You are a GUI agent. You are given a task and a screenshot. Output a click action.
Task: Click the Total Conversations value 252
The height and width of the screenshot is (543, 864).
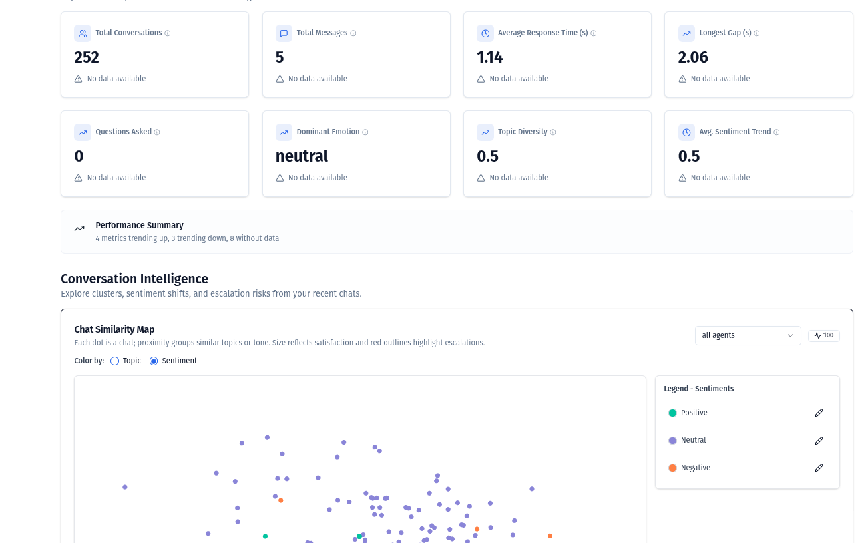point(87,57)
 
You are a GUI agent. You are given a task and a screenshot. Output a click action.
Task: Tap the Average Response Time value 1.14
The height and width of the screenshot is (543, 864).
point(490,57)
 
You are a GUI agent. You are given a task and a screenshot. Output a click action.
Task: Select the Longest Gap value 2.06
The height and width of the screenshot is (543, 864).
point(693,57)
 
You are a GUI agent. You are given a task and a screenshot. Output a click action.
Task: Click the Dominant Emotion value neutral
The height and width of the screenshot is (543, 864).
point(302,156)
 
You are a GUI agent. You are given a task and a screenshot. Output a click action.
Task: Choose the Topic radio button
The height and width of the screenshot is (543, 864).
point(115,361)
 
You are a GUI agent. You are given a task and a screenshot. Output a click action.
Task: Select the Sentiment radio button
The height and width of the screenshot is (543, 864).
point(154,361)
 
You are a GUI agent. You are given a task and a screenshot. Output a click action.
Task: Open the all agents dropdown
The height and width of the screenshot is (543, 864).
point(748,335)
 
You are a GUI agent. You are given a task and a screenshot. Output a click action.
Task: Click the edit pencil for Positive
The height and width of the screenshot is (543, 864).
point(819,413)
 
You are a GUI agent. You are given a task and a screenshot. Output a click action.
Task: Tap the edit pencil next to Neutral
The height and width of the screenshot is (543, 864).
point(819,441)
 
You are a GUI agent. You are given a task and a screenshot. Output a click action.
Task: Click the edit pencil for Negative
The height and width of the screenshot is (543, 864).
point(819,468)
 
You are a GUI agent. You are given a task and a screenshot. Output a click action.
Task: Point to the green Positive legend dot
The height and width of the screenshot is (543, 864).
point(672,413)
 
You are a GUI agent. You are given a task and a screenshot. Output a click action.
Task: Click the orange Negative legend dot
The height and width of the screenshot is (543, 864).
point(672,468)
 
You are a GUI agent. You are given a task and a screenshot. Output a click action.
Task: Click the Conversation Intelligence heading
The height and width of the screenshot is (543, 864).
point(134,279)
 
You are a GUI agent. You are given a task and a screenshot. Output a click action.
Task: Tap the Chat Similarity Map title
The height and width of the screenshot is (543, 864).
point(114,329)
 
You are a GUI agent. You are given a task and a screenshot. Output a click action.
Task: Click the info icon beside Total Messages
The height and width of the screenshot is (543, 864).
point(353,33)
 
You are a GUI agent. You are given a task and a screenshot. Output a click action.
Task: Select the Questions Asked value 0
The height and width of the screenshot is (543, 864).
point(79,156)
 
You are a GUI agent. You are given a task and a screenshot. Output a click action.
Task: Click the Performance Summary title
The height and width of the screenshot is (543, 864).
point(139,226)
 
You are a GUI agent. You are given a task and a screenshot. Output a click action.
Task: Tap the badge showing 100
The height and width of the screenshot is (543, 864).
point(824,335)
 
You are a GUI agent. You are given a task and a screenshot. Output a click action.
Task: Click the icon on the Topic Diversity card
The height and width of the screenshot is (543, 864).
point(485,132)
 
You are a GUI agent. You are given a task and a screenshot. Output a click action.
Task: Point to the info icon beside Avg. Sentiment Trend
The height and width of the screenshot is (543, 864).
point(777,132)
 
